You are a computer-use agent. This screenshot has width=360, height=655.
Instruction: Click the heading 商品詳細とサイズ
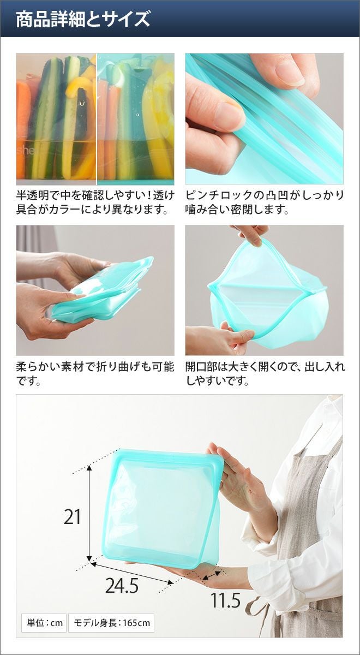pyautogui.click(x=83, y=19)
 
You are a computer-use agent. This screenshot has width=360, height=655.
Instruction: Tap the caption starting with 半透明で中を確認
pyautogui.click(x=95, y=202)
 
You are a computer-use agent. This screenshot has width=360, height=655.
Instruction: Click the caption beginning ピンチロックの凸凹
pyautogui.click(x=265, y=202)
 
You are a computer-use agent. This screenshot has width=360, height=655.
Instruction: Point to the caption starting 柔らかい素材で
pyautogui.click(x=95, y=373)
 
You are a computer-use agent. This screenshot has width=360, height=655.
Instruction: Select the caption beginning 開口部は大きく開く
pyautogui.click(x=265, y=373)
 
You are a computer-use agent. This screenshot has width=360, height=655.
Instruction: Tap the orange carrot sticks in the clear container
pyautogui.click(x=24, y=129)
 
